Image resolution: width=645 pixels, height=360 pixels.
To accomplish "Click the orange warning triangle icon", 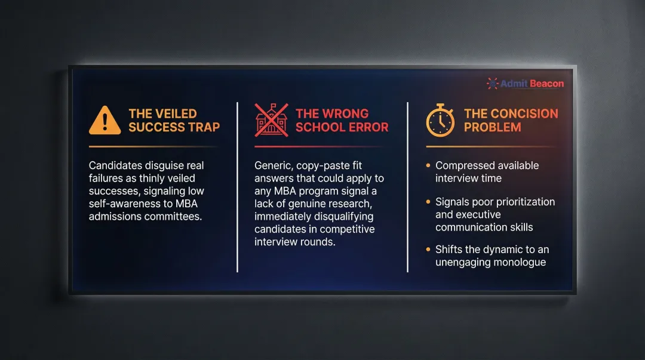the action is [105, 120].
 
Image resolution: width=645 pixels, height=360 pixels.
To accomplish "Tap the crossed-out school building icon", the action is [271, 120].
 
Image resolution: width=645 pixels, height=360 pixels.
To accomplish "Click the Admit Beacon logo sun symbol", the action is [492, 84].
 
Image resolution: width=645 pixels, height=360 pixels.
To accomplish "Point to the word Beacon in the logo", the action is [546, 84].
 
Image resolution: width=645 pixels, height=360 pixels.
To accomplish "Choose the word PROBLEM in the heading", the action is [492, 127].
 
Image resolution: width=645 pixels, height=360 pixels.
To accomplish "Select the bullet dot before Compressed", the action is [428, 165].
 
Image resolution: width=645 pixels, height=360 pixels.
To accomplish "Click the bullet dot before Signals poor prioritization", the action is [428, 202].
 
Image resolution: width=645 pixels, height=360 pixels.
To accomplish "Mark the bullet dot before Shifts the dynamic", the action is [428, 250].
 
